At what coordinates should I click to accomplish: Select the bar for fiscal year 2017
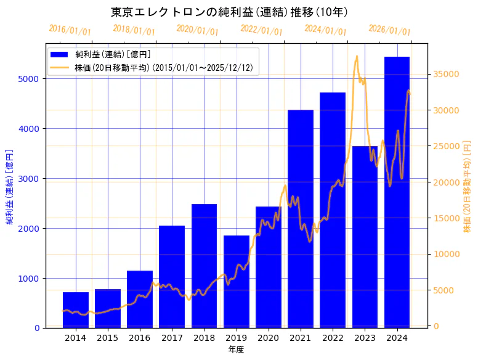coord(172,277)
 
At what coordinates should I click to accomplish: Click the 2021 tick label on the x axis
coord(301,338)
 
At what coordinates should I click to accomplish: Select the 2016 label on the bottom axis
coord(140,338)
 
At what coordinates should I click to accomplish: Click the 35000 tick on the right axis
coord(447,74)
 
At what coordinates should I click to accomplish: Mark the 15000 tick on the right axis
coord(447,218)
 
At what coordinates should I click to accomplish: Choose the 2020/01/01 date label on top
coord(198,30)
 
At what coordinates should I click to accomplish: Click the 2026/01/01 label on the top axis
coord(390,30)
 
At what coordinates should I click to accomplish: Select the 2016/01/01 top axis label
coord(70,30)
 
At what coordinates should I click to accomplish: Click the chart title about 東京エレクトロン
coord(230,12)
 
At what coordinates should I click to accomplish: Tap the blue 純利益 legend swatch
coord(60,55)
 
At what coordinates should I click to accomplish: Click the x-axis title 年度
coord(236,350)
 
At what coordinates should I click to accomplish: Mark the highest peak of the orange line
coord(357,56)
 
